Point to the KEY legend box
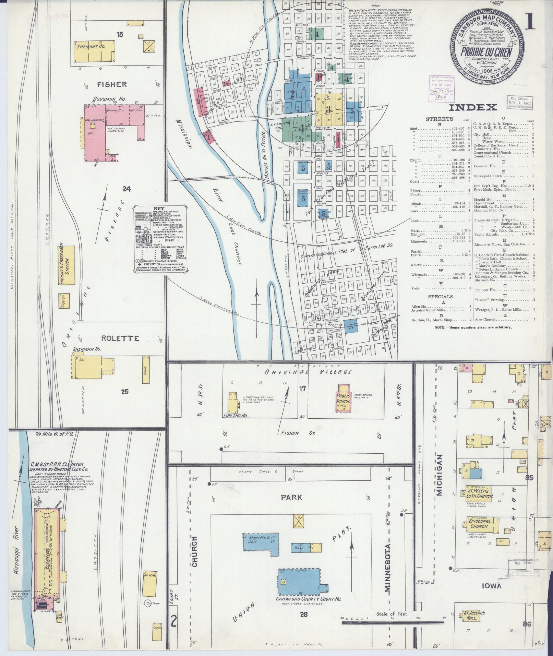[161, 239]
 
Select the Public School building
[343, 398]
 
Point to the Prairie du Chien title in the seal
[486, 52]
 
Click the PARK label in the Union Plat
[292, 497]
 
